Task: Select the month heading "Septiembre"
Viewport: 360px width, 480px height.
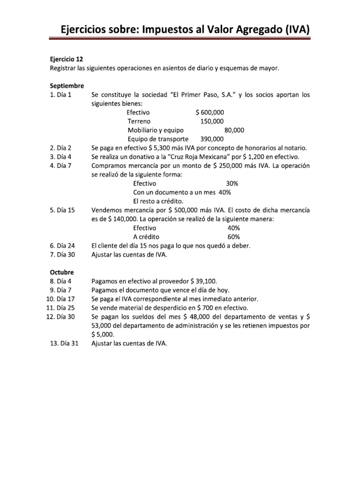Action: (67, 86)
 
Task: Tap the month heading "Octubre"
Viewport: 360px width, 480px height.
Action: (62, 272)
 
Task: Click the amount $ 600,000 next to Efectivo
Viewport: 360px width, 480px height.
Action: (210, 112)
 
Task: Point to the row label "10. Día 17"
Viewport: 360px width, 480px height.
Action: (63, 299)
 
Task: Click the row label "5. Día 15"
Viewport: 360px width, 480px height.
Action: (63, 210)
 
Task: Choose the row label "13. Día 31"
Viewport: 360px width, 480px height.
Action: (64, 343)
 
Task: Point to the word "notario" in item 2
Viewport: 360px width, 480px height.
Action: (295, 148)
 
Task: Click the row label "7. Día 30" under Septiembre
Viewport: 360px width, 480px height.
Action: (63, 255)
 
